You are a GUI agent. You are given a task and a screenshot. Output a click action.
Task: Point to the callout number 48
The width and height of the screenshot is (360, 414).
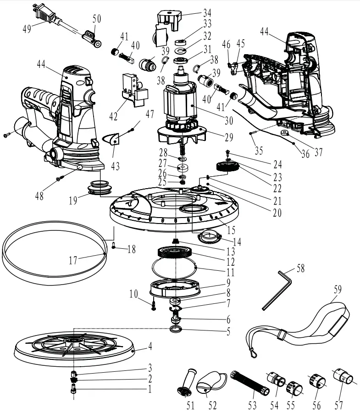click(x=40, y=196)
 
